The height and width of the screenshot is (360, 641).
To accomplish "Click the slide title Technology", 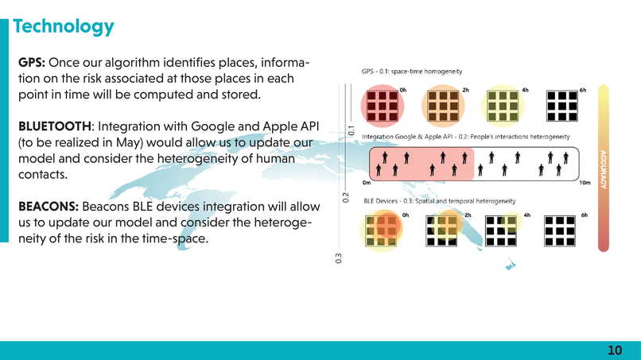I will [64, 26].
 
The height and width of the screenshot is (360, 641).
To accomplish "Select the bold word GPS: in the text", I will [36, 63].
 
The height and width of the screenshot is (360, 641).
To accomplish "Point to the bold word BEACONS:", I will [48, 206].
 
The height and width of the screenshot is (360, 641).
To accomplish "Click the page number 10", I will [615, 350].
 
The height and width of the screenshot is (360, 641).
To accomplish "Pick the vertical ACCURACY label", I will [604, 169].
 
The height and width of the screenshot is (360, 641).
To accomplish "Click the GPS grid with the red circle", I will [380, 106].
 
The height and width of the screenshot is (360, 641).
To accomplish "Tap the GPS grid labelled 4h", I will [503, 106].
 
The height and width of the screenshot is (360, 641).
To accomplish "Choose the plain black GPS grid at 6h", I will [561, 106].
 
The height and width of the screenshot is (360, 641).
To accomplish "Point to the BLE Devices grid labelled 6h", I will [561, 230].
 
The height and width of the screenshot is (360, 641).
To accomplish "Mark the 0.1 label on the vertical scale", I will [351, 129].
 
